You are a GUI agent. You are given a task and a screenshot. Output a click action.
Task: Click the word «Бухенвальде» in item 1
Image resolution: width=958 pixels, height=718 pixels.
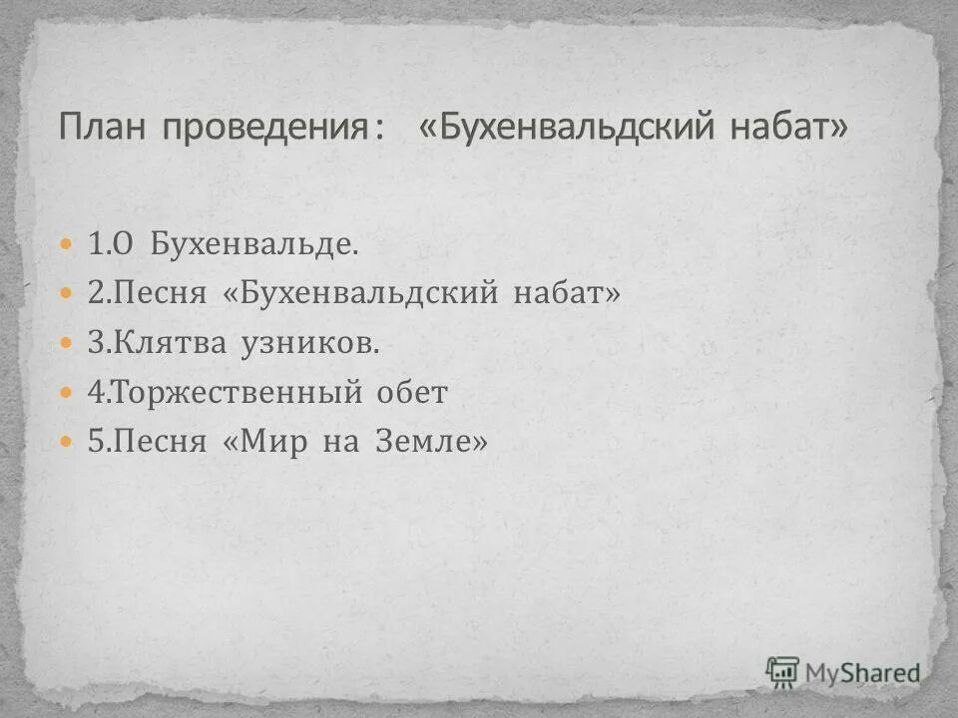253,244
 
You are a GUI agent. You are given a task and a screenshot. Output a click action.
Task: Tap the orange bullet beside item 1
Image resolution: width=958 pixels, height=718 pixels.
67,244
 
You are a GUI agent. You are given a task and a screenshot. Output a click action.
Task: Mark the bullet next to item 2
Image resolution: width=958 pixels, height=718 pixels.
67,294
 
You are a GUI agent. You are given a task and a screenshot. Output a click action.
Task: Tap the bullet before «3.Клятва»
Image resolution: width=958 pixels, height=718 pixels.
67,343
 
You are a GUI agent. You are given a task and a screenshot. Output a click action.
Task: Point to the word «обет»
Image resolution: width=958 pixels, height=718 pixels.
412,393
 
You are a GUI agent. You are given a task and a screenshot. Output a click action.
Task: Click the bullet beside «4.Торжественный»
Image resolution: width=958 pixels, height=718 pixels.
67,393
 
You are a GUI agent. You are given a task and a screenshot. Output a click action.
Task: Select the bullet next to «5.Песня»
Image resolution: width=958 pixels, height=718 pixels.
67,441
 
